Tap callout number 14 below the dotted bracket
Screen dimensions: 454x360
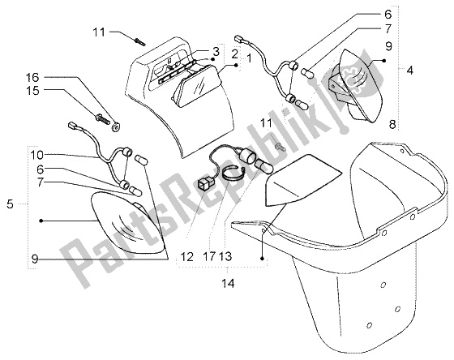[x=228, y=283]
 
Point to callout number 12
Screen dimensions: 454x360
[x=186, y=256]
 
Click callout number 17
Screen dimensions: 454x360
[x=210, y=256]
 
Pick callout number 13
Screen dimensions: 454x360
[x=225, y=256]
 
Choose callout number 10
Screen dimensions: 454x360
[x=36, y=156]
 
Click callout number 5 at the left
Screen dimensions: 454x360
[x=10, y=204]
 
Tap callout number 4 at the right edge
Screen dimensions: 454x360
[x=409, y=71]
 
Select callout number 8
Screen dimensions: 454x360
[x=392, y=125]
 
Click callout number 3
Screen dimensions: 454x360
[x=216, y=53]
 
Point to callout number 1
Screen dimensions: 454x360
[x=249, y=59]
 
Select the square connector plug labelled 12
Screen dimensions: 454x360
[x=205, y=184]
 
